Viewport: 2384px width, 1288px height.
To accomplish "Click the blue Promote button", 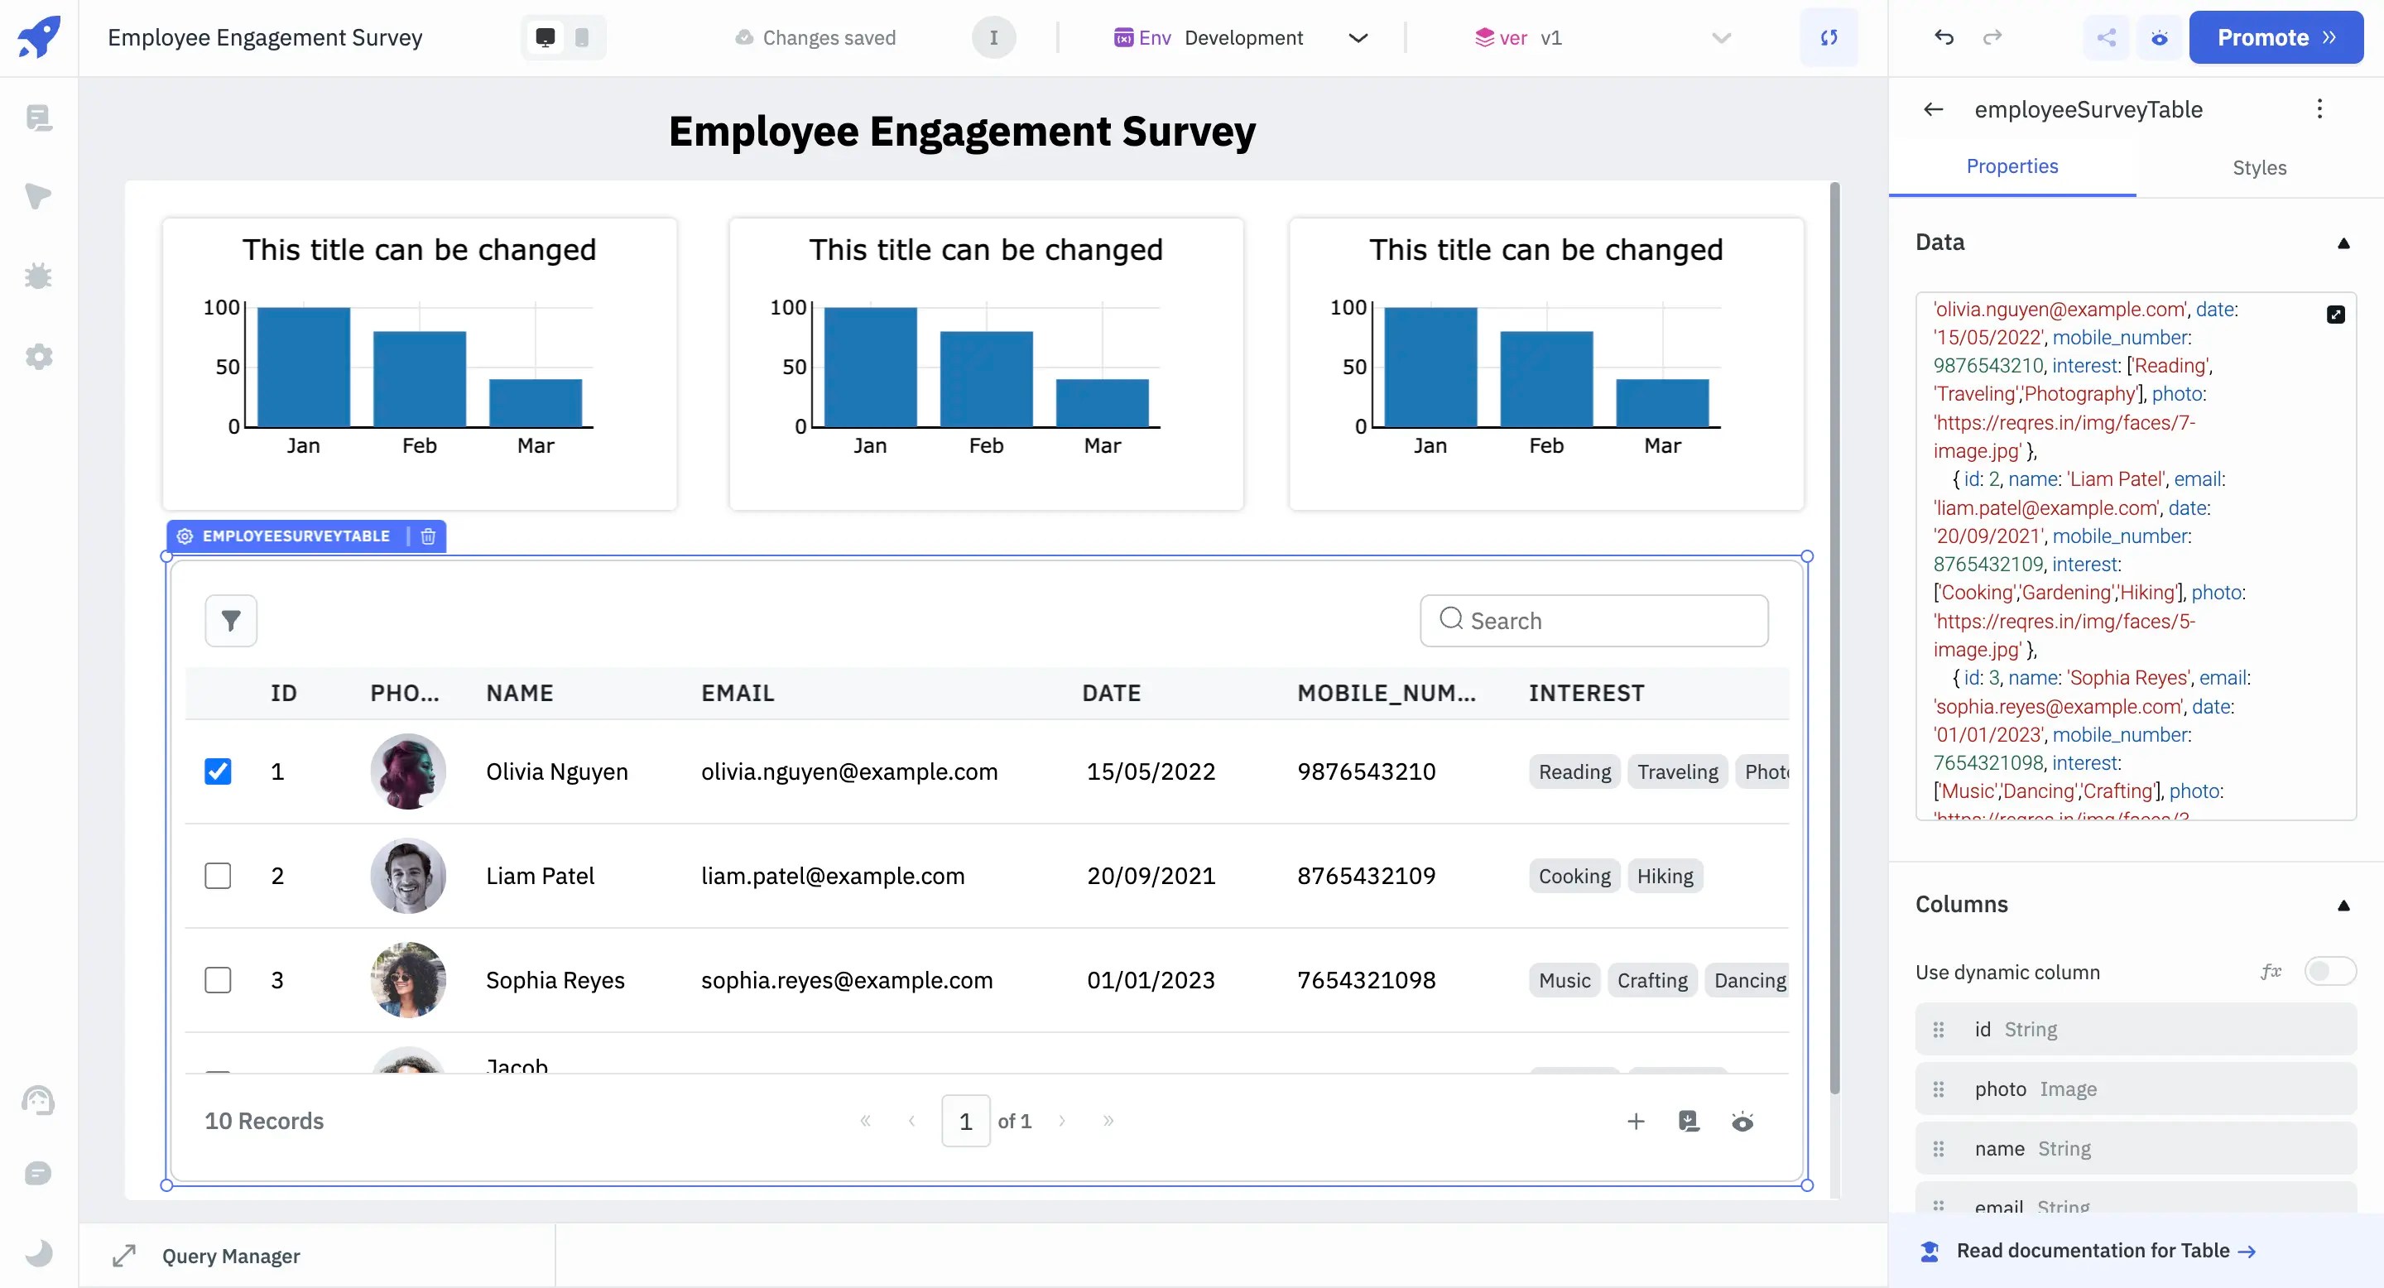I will click(x=2275, y=38).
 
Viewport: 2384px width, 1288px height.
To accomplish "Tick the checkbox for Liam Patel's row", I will click(x=218, y=875).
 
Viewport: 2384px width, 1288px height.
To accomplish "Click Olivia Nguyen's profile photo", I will click(x=408, y=771).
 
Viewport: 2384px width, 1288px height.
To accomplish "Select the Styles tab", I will click(x=2258, y=167).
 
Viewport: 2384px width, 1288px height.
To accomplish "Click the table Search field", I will click(x=1593, y=621).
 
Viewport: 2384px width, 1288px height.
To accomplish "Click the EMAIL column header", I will click(x=738, y=693).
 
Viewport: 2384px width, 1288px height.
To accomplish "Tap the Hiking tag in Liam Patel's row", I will click(x=1664, y=877).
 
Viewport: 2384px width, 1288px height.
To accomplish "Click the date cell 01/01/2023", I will click(x=1151, y=980).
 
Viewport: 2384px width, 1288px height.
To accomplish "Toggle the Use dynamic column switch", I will click(x=2329, y=972).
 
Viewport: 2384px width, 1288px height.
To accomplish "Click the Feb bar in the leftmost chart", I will click(x=419, y=379).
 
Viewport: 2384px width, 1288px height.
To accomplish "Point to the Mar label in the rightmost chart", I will click(x=1662, y=446).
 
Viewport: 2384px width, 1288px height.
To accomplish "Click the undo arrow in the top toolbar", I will click(x=1944, y=38).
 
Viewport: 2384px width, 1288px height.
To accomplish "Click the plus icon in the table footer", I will click(x=1636, y=1122).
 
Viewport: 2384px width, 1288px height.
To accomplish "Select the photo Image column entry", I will click(x=2134, y=1089).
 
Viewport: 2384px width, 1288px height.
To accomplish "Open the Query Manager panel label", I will click(x=230, y=1256).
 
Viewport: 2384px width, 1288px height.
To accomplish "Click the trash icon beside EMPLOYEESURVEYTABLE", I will click(x=428, y=536).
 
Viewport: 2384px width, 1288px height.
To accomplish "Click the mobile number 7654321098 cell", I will click(x=1366, y=980).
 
